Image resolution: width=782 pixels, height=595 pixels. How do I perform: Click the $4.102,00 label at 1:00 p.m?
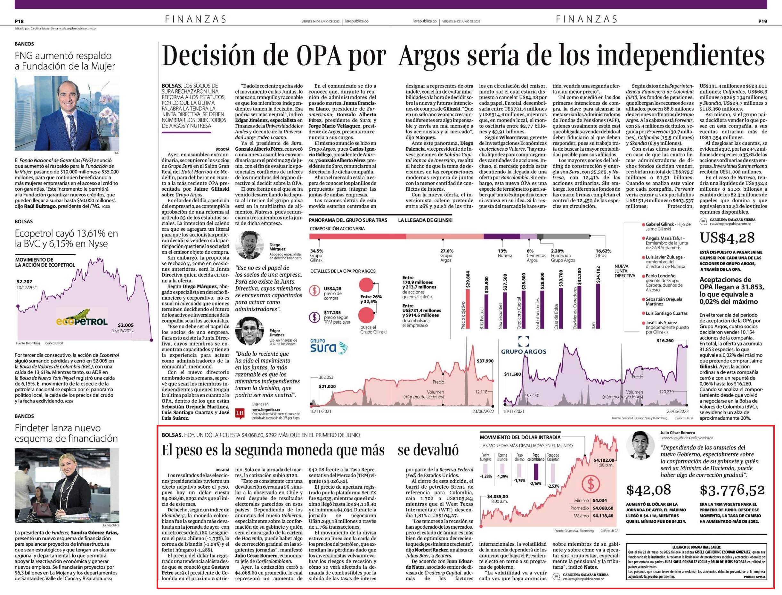[605, 460]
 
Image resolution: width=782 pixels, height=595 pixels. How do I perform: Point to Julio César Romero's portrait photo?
[640, 445]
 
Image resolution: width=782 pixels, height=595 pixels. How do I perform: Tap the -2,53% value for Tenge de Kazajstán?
[553, 486]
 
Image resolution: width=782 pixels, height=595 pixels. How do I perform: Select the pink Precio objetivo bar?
[468, 309]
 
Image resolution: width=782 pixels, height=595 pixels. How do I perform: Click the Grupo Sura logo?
[329, 346]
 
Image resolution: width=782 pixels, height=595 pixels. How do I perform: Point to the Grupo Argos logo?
[524, 345]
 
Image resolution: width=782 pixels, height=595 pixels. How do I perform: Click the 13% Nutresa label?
[505, 253]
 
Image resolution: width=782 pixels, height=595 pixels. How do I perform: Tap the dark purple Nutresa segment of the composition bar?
[502, 236]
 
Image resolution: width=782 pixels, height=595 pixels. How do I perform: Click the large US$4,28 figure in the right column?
[727, 238]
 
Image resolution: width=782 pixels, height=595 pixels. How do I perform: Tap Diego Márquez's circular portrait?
[249, 245]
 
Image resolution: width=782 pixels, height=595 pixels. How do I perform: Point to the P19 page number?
[762, 21]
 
